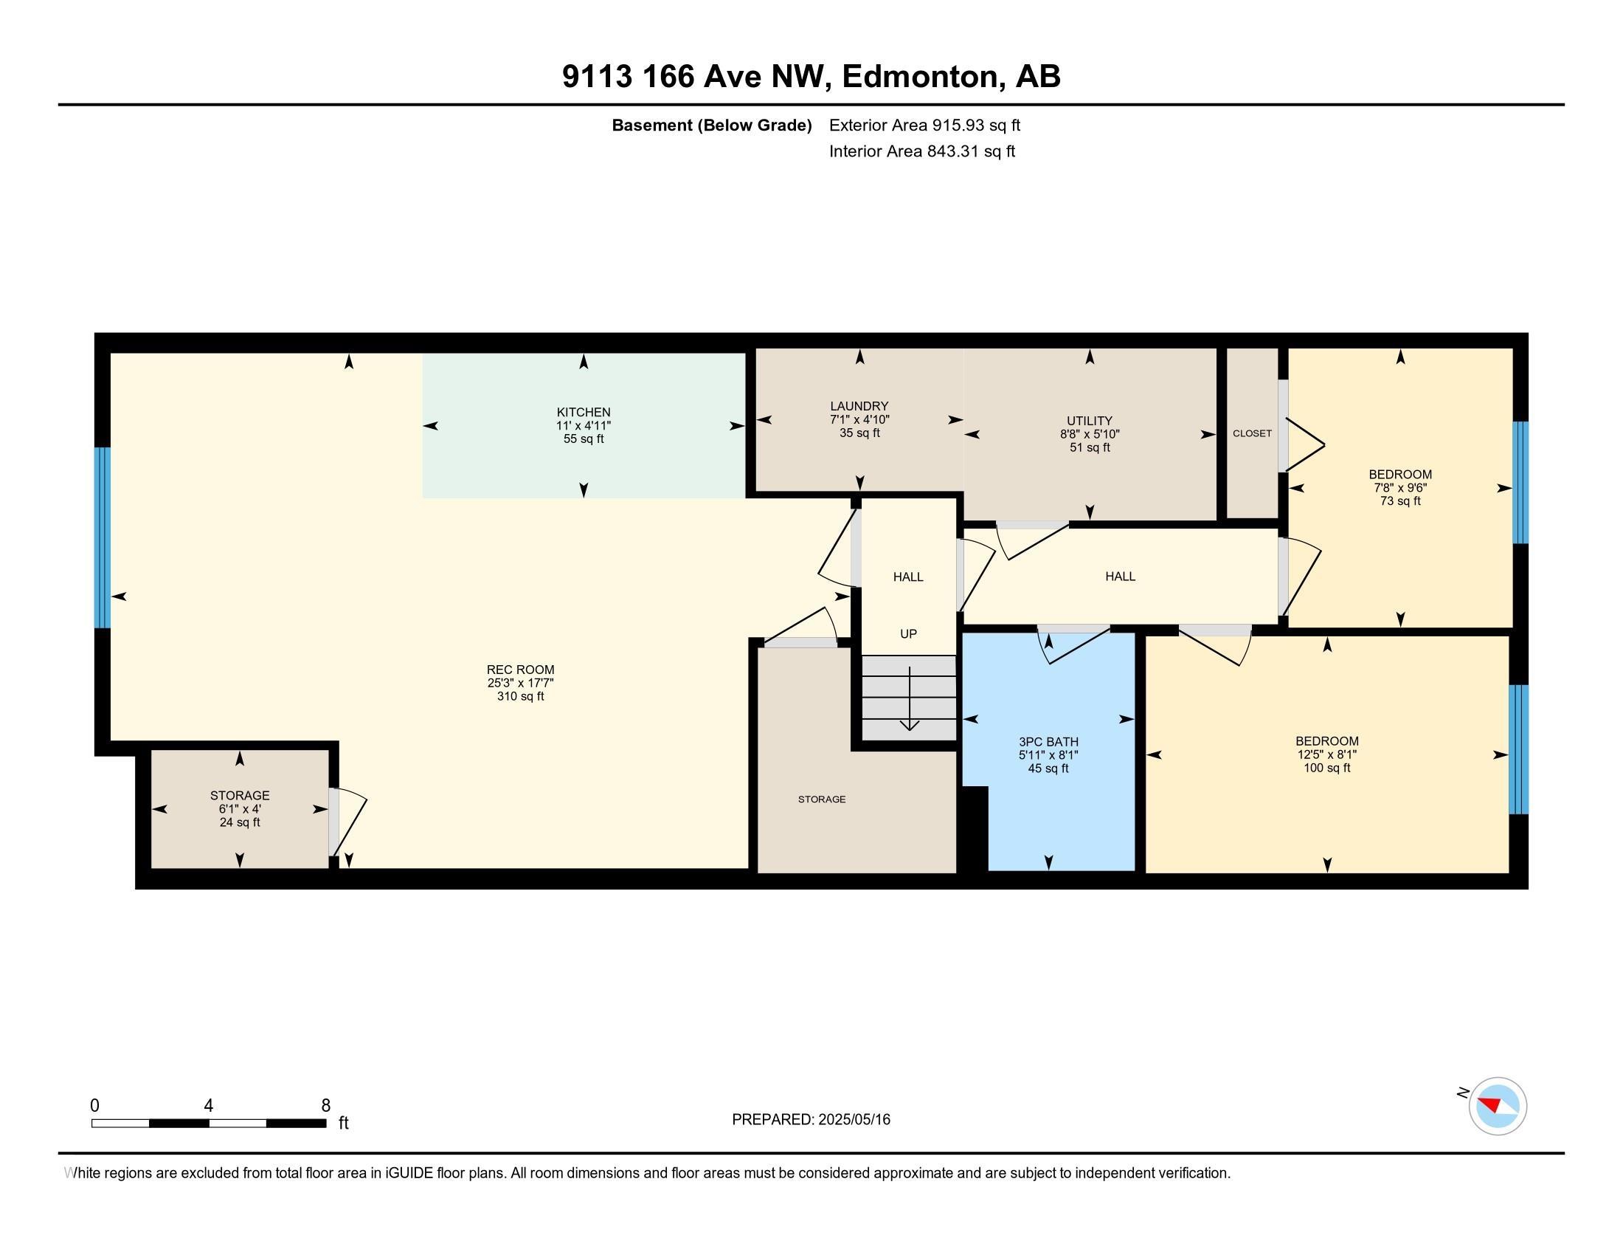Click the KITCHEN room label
[x=584, y=412]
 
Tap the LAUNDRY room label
[x=859, y=406]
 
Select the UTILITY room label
[x=1090, y=421]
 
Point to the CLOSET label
[x=1252, y=433]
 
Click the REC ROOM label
[x=520, y=670]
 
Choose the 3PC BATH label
[x=1048, y=742]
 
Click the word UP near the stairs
[x=908, y=634]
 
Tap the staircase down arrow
[x=910, y=699]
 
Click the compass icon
[x=1498, y=1107]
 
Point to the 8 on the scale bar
[x=325, y=1106]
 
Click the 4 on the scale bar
[x=209, y=1106]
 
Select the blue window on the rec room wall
[x=103, y=537]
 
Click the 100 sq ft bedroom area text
[x=1326, y=768]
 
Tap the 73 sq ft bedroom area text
[x=1400, y=501]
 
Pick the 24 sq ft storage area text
[x=239, y=822]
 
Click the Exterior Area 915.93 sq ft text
[x=924, y=125]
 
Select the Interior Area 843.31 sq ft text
[x=922, y=151]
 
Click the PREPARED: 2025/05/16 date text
[x=811, y=1120]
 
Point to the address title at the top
[x=811, y=76]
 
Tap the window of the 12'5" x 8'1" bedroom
[x=1519, y=749]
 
